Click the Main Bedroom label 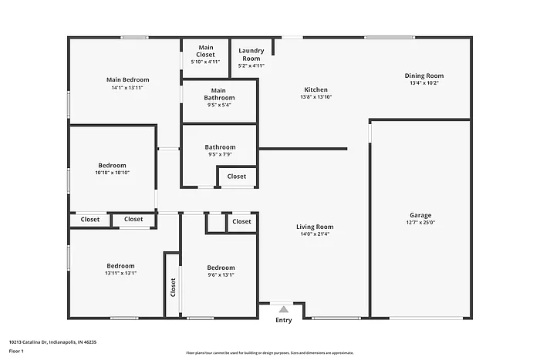point(127,79)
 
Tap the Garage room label point(420,215)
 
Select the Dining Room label point(424,76)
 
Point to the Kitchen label point(316,89)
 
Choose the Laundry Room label point(251,55)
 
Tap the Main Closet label point(205,52)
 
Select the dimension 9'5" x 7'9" point(219,155)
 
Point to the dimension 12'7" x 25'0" point(420,223)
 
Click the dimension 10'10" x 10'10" point(112,173)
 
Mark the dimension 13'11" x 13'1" point(120,273)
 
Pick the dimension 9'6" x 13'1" point(220,274)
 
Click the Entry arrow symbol point(283,310)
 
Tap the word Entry point(284,320)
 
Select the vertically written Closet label point(173,288)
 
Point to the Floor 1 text point(17,351)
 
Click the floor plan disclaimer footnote point(269,352)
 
